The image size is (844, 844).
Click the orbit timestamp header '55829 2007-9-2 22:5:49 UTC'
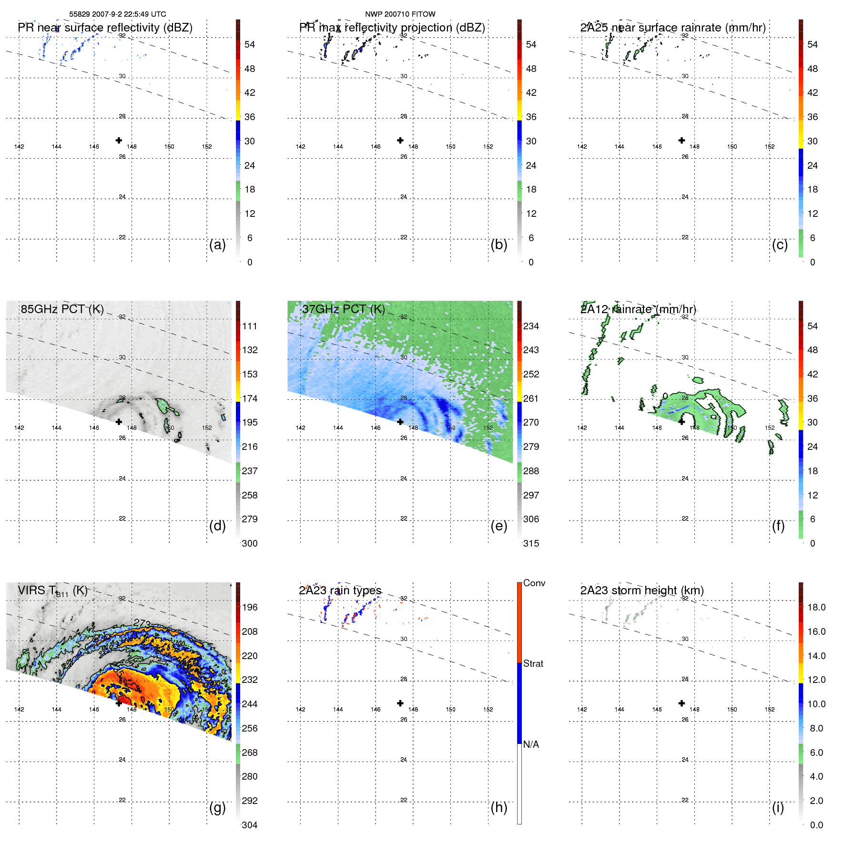(x=117, y=14)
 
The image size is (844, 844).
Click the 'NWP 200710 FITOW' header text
(x=400, y=14)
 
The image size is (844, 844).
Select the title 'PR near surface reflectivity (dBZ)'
(x=105, y=28)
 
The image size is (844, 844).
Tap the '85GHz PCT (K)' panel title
(x=62, y=309)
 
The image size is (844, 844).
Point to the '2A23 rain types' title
(x=340, y=590)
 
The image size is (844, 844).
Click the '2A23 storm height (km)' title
(x=641, y=590)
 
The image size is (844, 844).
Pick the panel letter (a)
(x=217, y=245)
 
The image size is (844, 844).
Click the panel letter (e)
(x=498, y=526)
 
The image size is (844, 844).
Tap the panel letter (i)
(x=778, y=808)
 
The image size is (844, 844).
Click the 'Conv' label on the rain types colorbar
(x=534, y=583)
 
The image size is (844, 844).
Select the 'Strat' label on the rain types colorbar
(x=533, y=664)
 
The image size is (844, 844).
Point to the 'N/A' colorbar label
(x=531, y=744)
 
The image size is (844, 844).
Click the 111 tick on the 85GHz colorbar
(x=249, y=326)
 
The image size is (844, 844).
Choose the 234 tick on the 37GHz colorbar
(x=531, y=326)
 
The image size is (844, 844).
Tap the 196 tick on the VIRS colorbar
(x=249, y=608)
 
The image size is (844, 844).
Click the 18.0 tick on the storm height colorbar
(x=816, y=608)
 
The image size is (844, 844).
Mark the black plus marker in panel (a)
(x=119, y=141)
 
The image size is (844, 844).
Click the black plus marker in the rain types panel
(x=400, y=703)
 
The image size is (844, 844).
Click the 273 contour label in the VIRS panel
(x=142, y=623)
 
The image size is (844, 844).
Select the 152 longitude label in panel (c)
(x=770, y=147)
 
